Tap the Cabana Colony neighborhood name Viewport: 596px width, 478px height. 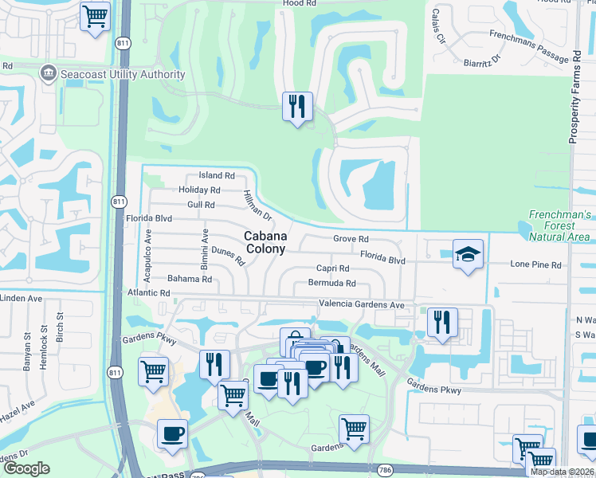coord(264,242)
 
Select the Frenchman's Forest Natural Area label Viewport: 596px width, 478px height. coord(561,226)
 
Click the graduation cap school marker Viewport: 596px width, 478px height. coord(469,254)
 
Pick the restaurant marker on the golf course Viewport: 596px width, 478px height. coord(297,106)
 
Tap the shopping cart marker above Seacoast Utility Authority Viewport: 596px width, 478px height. coord(96,16)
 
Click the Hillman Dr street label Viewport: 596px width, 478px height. coord(258,206)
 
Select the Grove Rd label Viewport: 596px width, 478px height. coord(351,239)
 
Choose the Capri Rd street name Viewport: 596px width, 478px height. coord(333,269)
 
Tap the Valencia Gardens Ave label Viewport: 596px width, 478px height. coord(362,304)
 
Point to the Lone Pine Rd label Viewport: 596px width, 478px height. coord(536,264)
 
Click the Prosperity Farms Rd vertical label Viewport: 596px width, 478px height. coord(574,97)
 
